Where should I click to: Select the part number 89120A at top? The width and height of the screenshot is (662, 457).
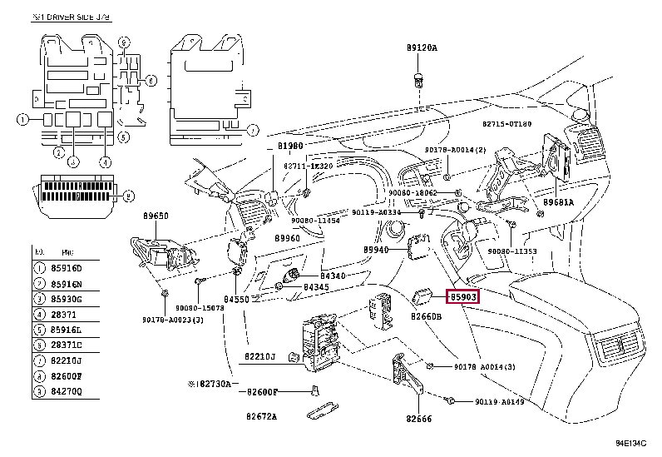click(x=422, y=48)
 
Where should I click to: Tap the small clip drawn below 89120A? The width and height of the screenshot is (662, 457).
click(x=420, y=81)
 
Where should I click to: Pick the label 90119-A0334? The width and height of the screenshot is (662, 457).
click(x=382, y=212)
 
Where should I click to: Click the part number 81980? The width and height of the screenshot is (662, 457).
click(x=290, y=146)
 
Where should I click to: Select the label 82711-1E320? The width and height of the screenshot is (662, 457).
click(x=308, y=166)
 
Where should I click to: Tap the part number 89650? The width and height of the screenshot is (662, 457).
click(x=154, y=216)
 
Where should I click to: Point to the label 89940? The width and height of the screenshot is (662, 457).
click(x=376, y=250)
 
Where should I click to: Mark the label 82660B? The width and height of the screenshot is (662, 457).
click(x=426, y=317)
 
